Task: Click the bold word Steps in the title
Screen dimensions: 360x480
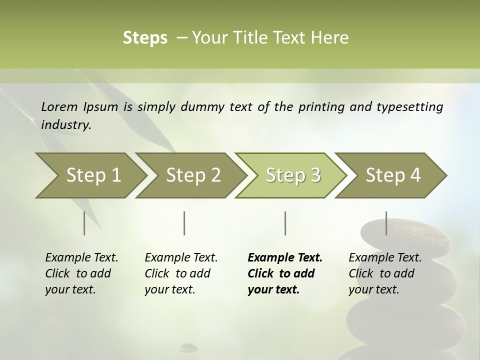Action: point(145,38)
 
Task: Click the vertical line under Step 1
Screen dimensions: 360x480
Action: point(84,223)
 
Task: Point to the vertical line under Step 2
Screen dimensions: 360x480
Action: point(184,223)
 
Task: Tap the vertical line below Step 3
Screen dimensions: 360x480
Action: point(285,223)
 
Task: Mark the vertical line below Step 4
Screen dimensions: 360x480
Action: point(386,223)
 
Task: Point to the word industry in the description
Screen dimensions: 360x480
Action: point(66,125)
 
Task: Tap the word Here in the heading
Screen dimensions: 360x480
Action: point(330,38)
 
